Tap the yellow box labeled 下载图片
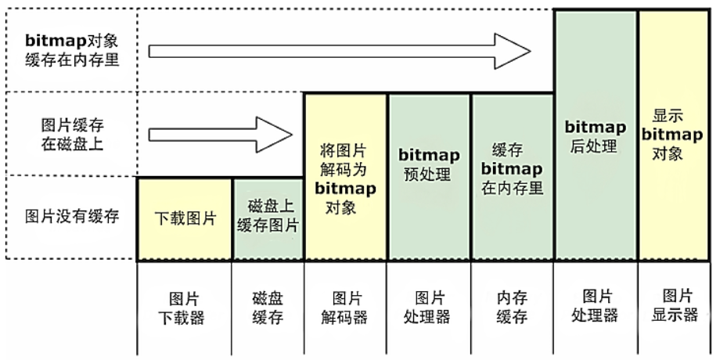(185, 218)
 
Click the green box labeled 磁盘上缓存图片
(268, 218)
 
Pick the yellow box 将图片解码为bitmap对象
(345, 177)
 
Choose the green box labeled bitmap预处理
(429, 177)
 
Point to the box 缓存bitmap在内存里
(512, 177)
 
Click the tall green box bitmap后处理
(596, 135)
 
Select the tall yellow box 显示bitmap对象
(672, 135)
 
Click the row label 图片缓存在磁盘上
(72, 134)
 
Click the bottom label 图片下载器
(185, 308)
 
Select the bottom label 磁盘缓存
(268, 308)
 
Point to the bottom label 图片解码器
(345, 308)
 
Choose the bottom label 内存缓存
(512, 308)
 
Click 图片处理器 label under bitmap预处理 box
(429, 308)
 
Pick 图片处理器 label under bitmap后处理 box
(596, 306)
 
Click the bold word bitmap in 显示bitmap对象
(672, 135)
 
